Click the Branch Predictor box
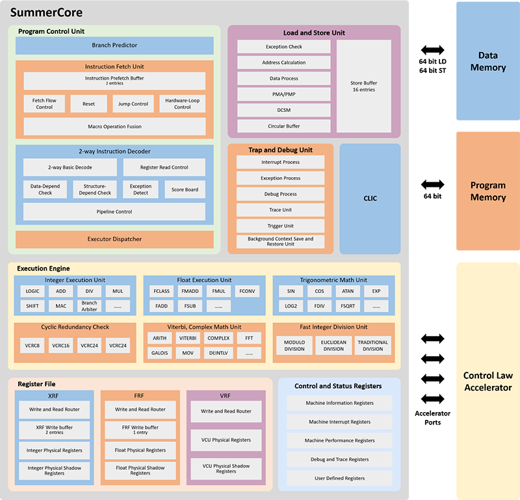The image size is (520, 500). [x=114, y=46]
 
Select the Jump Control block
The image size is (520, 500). [x=133, y=104]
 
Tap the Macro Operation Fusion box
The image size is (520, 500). [x=114, y=126]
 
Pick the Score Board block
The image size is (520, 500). [x=185, y=189]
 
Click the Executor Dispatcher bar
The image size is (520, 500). [x=114, y=239]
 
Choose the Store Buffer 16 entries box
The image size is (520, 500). [x=363, y=86]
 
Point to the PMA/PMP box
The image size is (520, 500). [x=283, y=94]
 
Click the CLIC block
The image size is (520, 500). [x=369, y=199]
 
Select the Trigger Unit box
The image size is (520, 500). [x=280, y=225]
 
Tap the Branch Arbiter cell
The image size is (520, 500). [x=89, y=306]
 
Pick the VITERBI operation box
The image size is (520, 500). [x=188, y=339]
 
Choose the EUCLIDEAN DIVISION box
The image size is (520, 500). [x=333, y=346]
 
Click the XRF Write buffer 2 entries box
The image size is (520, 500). [x=54, y=430]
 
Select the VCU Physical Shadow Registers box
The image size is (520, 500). [x=226, y=469]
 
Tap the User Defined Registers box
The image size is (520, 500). [x=339, y=479]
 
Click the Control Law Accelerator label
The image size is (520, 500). [x=487, y=382]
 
